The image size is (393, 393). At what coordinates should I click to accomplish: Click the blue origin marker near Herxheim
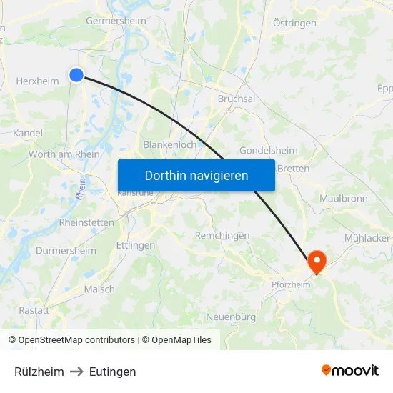[x=76, y=74]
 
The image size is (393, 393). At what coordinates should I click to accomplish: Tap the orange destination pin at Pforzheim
[x=316, y=262]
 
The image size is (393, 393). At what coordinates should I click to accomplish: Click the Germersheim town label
[x=116, y=21]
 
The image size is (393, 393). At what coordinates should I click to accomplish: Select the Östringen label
[x=294, y=24]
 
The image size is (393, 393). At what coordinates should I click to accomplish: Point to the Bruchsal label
[x=236, y=99]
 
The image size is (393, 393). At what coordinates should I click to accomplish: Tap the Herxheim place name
[x=37, y=81]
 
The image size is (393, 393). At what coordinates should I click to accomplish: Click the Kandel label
[x=28, y=133]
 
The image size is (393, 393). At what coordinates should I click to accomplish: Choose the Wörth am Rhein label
[x=64, y=154]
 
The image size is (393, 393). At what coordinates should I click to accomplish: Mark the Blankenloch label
[x=170, y=144]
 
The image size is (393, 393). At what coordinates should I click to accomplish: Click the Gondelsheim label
[x=268, y=151]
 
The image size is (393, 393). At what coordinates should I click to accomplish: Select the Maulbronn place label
[x=343, y=198]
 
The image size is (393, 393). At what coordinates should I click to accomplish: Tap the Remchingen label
[x=222, y=235]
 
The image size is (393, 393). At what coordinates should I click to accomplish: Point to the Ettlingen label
[x=136, y=245]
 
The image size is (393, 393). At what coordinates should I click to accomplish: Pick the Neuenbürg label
[x=231, y=317]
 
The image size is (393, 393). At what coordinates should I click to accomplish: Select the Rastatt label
[x=34, y=310]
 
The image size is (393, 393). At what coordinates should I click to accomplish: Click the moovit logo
[x=350, y=370]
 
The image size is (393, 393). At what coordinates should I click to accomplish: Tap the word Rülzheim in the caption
[x=39, y=372]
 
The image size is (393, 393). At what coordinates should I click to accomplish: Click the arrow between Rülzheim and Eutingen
[x=76, y=372]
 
